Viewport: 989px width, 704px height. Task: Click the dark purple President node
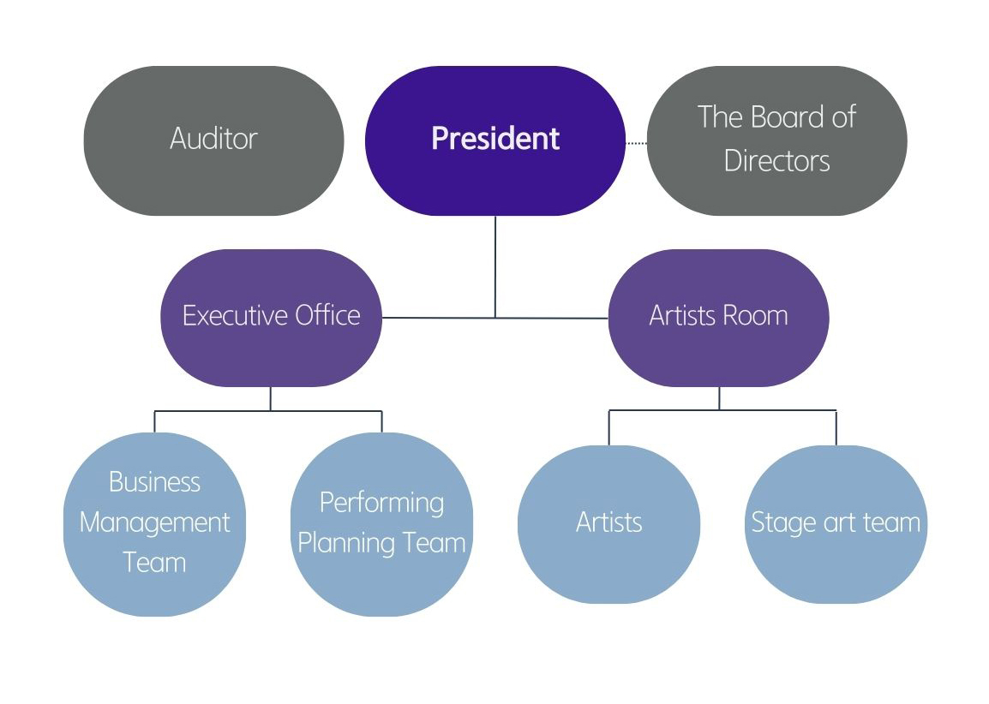pos(494,140)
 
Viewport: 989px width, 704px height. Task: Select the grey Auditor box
pos(213,140)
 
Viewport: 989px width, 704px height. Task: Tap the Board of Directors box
pos(776,140)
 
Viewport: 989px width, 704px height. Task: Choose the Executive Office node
pos(271,317)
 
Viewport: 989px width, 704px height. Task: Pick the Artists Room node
pos(718,317)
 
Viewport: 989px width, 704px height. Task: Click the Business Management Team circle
pos(154,523)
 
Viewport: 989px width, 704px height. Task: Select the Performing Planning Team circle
pos(381,523)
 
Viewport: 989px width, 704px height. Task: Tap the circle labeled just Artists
pos(608,523)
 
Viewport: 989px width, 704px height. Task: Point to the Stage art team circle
pos(836,523)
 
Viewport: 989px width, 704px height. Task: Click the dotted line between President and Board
pos(636,143)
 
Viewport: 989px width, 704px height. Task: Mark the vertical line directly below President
pos(495,265)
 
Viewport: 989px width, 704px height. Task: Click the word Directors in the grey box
pos(776,161)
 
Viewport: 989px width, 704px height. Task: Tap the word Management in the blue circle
pos(154,522)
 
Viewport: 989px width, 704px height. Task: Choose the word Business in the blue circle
pos(154,482)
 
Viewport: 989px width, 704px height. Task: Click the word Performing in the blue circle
pos(381,502)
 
